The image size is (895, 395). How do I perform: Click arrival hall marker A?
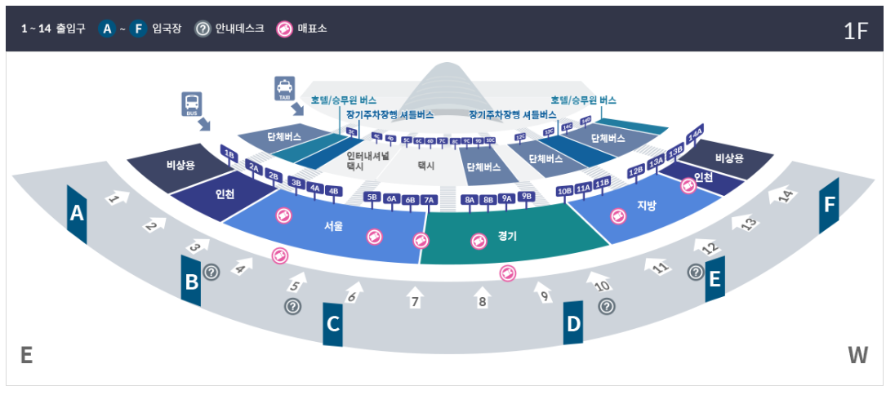[77, 214]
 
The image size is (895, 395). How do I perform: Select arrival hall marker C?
[332, 323]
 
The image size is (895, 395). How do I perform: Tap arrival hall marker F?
[830, 206]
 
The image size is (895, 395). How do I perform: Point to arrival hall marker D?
[573, 323]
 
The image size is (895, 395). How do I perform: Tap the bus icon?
[192, 104]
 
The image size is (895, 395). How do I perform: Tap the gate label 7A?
[430, 199]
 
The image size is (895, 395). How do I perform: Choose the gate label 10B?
[564, 192]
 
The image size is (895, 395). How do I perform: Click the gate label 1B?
[229, 154]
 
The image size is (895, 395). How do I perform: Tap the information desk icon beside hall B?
[212, 272]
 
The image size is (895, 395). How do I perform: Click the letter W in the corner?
[857, 356]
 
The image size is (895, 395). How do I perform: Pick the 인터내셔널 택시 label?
[367, 160]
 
